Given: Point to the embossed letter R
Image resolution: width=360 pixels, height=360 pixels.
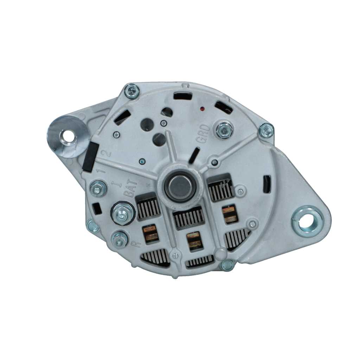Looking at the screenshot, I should coord(134,243).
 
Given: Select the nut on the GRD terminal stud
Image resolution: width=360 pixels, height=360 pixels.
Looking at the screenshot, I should coord(224,130).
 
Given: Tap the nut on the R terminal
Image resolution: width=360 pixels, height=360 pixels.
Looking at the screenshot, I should coord(120,240).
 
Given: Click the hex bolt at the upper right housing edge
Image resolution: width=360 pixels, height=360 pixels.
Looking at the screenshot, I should coord(266,130).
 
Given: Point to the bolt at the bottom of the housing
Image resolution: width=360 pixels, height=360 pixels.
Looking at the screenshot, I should coord(227,265).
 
